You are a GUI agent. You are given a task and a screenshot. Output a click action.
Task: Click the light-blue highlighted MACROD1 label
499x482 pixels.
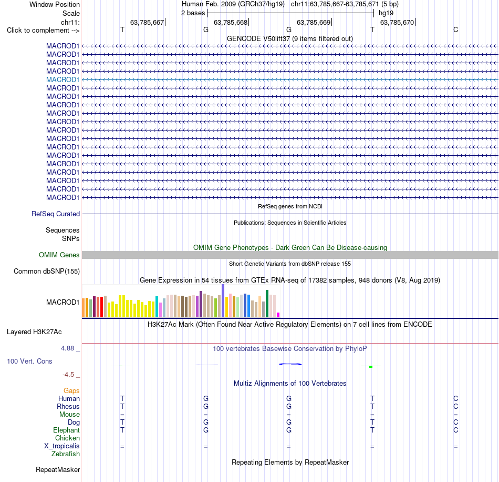63,79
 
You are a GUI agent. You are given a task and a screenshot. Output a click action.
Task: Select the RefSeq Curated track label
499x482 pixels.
56,214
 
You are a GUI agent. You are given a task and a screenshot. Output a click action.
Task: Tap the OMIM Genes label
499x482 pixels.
59,255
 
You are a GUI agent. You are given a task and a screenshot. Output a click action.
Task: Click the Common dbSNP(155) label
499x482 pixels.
47,272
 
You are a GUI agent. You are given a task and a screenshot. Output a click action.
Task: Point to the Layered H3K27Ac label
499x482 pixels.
34,332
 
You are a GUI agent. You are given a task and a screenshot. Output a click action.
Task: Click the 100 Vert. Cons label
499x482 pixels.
29,361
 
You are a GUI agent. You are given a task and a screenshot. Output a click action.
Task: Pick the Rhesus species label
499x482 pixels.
68,406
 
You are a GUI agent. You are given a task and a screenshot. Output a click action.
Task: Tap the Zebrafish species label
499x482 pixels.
66,454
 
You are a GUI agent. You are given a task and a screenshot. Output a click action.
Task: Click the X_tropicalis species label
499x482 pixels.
62,446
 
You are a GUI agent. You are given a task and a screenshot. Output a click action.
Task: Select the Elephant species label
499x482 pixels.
67,430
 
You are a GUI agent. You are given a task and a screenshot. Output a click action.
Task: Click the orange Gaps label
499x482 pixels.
71,390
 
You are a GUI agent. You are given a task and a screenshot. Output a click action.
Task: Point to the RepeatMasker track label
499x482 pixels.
58,469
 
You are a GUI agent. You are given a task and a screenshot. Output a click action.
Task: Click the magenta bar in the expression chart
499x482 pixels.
278,315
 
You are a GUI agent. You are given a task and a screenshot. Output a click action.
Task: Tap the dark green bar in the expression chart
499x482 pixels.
267,304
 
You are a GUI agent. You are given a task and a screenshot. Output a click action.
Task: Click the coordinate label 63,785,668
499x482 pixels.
231,22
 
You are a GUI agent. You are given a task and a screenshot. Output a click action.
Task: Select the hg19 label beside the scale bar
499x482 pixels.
386,13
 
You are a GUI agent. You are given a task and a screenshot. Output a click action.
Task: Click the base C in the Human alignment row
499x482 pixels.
456,398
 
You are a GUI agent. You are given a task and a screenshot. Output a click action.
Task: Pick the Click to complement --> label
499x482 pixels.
43,31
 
